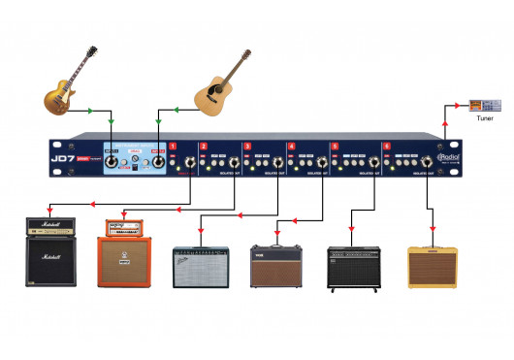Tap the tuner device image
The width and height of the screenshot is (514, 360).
(x=483, y=104)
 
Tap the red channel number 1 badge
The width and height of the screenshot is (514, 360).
(x=173, y=147)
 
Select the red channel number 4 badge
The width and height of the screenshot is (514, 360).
(x=291, y=147)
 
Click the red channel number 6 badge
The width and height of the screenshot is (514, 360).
(x=387, y=147)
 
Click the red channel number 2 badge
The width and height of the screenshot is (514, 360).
(x=203, y=147)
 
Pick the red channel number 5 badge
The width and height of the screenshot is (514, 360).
(x=335, y=147)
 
